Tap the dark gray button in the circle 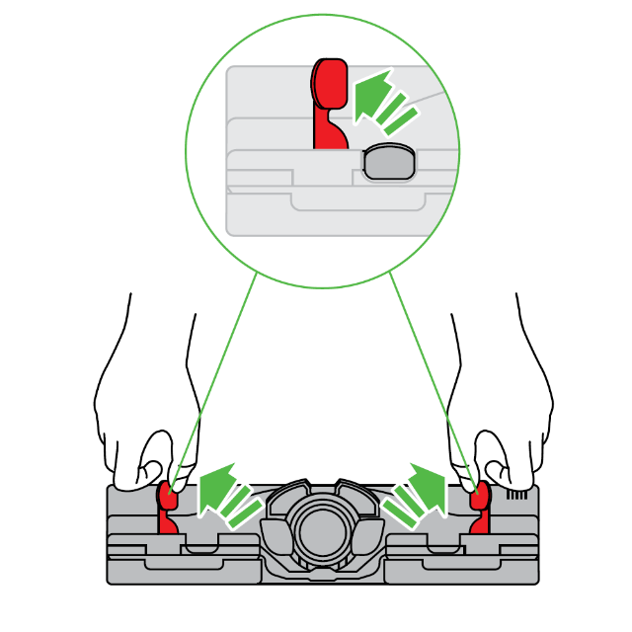(x=388, y=163)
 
